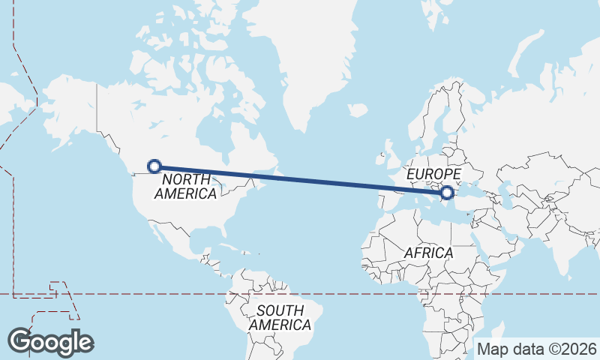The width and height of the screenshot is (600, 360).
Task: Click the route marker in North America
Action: click(x=154, y=166)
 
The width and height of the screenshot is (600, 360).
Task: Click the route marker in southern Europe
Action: click(x=447, y=193)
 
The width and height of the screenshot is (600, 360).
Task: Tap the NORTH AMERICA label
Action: click(x=185, y=186)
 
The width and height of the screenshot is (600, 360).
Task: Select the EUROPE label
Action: click(x=432, y=174)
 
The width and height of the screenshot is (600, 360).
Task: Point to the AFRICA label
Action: click(x=428, y=253)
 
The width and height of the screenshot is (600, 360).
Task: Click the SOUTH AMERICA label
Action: click(x=280, y=317)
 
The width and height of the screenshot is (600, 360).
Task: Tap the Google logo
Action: click(x=50, y=341)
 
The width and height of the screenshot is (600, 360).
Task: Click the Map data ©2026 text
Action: click(x=537, y=349)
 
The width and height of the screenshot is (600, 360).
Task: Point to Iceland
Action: click(x=358, y=110)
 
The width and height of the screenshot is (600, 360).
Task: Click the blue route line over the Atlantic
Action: click(x=322, y=181)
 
